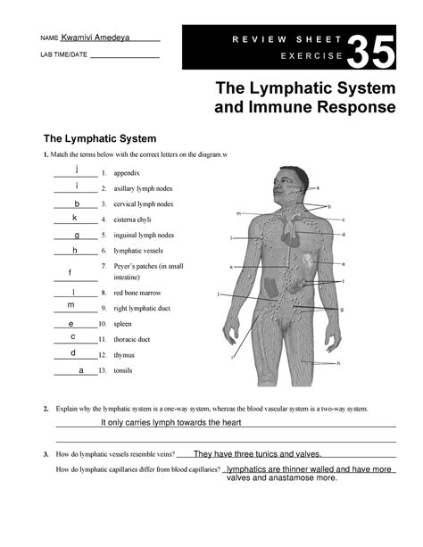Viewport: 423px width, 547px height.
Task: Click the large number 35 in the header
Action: pos(369,54)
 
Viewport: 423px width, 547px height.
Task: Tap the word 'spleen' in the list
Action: pos(122,324)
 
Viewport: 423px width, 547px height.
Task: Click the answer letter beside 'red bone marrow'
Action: pos(73,292)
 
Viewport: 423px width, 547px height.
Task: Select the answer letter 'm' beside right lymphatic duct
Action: pos(70,305)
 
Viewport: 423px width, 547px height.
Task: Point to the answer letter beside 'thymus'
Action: pos(72,352)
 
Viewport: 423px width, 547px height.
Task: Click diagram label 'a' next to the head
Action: pos(318,187)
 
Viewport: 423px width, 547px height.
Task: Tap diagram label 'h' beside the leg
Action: pos(338,364)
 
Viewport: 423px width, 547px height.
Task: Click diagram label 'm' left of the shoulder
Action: pos(238,214)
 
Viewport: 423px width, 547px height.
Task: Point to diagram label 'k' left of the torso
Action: pos(231,267)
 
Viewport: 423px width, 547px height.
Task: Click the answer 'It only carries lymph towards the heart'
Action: pos(171,422)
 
